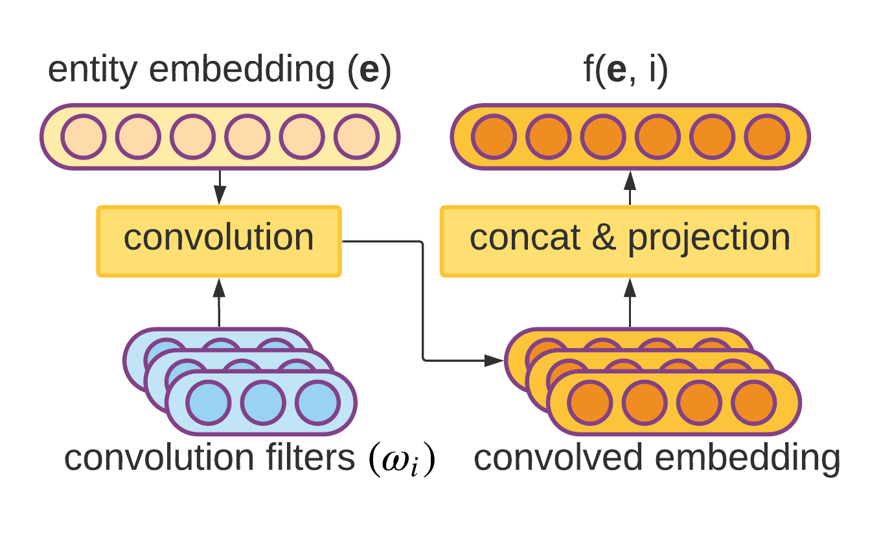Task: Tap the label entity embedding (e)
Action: [x=220, y=71]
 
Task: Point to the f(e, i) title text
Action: [x=626, y=71]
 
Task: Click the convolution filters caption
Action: [x=209, y=458]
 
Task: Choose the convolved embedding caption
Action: [x=657, y=458]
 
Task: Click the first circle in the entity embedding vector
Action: [x=84, y=137]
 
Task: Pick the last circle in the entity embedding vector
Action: [x=356, y=137]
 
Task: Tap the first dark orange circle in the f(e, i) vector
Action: [x=494, y=137]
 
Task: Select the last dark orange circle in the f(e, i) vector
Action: [x=767, y=137]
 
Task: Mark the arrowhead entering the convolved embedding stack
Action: [x=496, y=360]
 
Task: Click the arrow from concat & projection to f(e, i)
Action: [x=630, y=188]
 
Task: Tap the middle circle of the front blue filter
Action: [x=263, y=403]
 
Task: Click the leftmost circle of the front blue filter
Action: [x=209, y=403]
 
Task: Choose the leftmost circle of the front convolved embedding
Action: [x=590, y=403]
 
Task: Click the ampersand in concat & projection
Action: [x=604, y=239]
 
